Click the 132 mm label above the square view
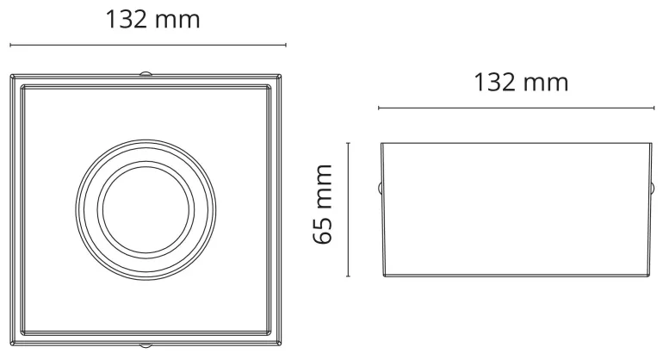point(152,20)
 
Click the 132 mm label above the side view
point(521,82)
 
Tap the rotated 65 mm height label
point(323,204)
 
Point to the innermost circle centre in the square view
point(146,210)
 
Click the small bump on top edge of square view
point(146,73)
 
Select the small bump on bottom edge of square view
point(146,345)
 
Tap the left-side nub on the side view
point(379,188)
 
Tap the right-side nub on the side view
point(653,188)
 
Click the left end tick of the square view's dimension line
point(10,45)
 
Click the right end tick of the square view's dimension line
point(286,45)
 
